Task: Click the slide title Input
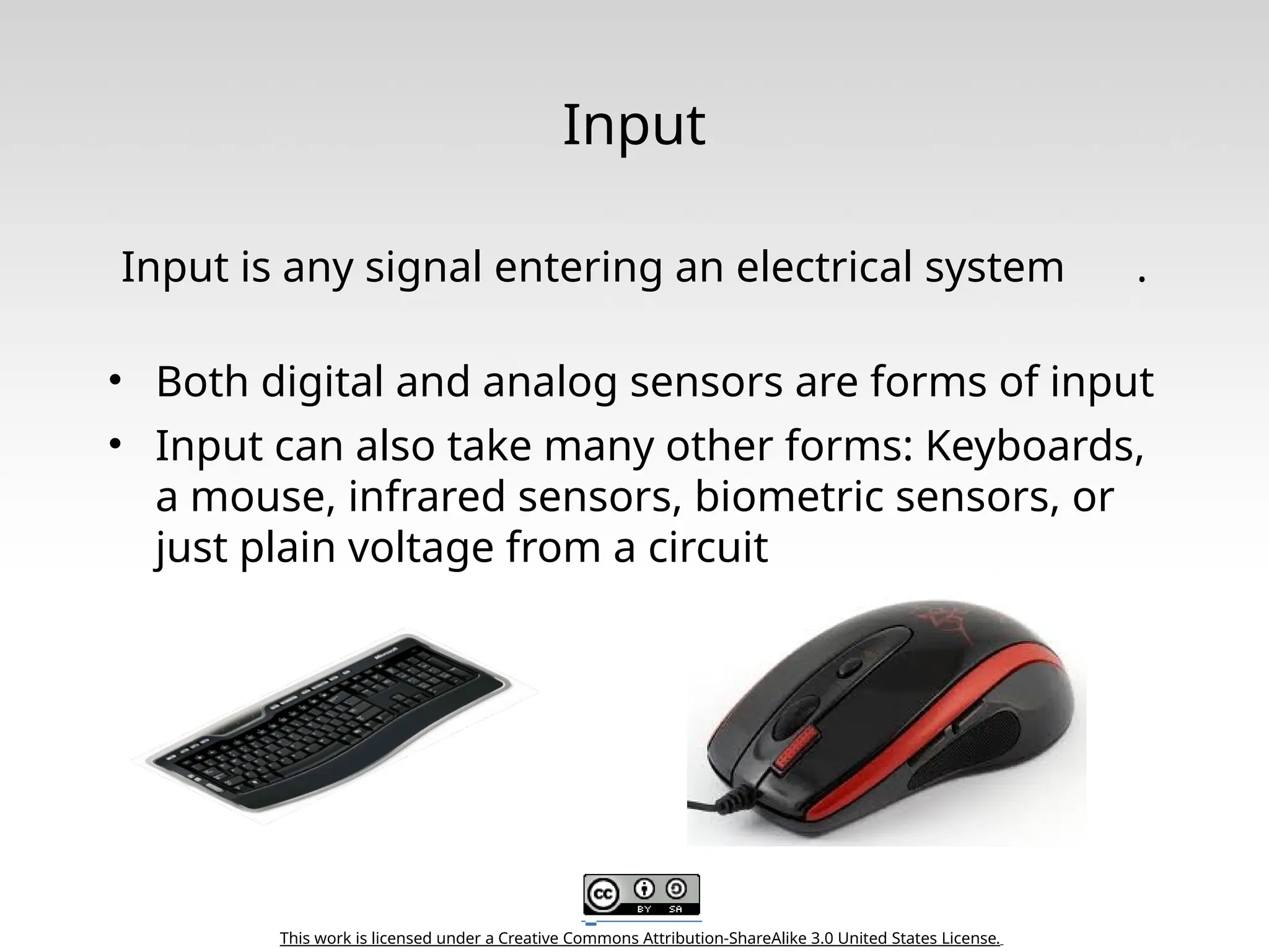(x=633, y=126)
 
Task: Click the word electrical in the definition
(x=823, y=268)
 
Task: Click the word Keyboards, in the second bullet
(x=1034, y=446)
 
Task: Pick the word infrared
(x=426, y=497)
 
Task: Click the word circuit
(x=708, y=548)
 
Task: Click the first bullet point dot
(x=114, y=381)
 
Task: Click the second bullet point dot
(x=114, y=444)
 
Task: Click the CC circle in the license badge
(x=603, y=894)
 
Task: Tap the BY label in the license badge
(x=644, y=909)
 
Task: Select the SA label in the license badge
(x=675, y=909)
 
